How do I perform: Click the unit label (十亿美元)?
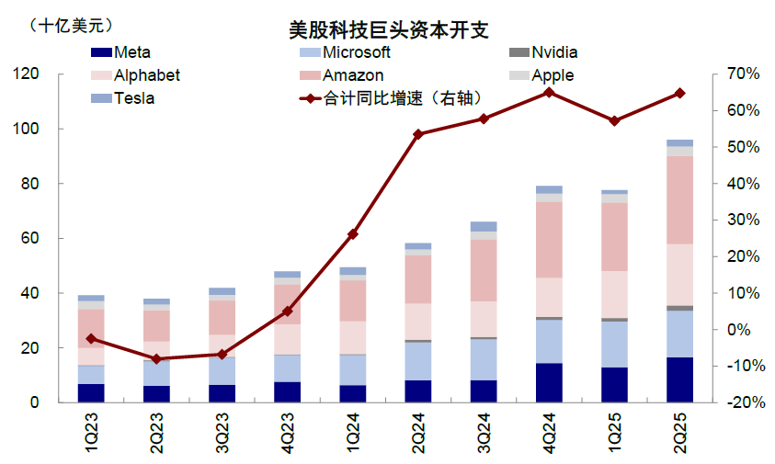click(76, 25)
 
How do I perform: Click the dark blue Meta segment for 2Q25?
click(679, 379)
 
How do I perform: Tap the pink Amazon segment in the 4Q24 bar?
click(549, 240)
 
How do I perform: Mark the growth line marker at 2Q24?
click(418, 134)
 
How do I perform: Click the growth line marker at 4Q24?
click(549, 92)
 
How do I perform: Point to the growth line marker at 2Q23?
click(156, 358)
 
